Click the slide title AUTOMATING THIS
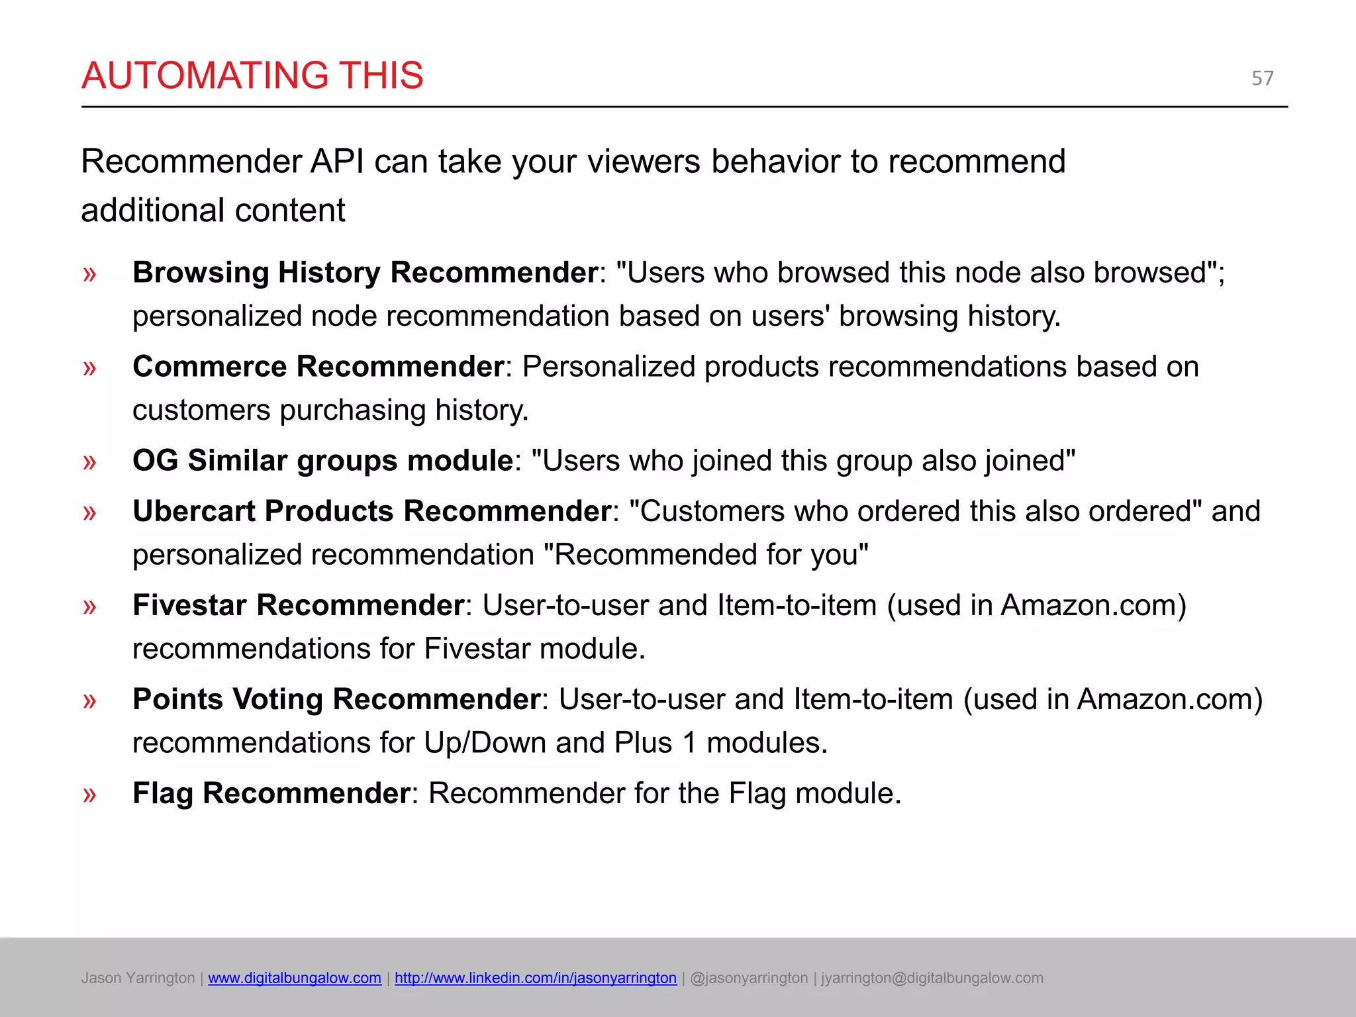click(252, 75)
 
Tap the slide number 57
click(1262, 78)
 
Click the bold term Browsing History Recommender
click(365, 273)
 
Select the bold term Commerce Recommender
click(318, 367)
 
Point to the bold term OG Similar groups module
click(322, 461)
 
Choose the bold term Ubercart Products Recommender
click(371, 511)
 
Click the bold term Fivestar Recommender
click(298, 605)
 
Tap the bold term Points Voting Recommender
click(336, 699)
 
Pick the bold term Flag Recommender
click(271, 793)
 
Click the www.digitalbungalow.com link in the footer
click(295, 978)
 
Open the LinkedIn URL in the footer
click(536, 978)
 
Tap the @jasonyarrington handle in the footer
click(749, 978)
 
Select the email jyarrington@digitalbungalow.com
click(932, 978)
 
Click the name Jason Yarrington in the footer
click(138, 978)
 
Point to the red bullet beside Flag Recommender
click(89, 794)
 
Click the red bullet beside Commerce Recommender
click(89, 367)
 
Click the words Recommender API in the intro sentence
click(222, 162)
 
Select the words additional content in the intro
click(213, 211)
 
